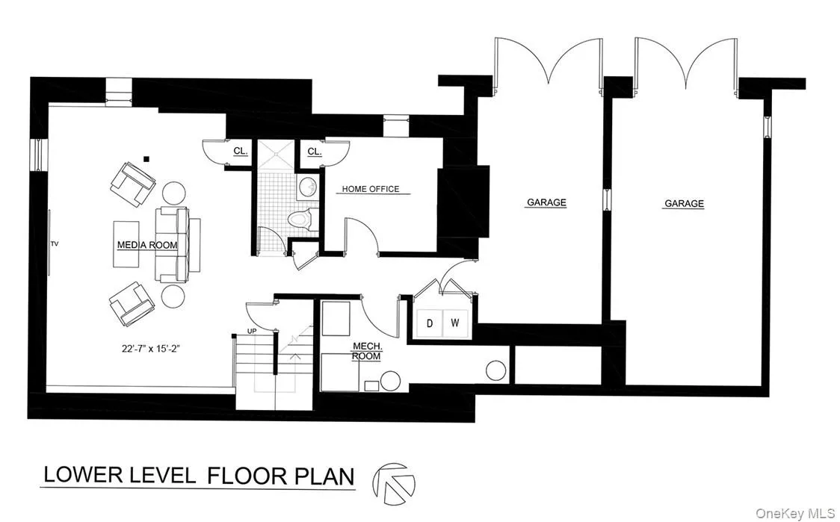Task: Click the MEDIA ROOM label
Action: (146, 245)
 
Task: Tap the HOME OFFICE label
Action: (371, 189)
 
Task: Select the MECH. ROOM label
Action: (366, 351)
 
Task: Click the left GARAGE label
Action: (546, 202)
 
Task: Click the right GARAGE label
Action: (684, 203)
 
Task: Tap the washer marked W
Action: (454, 323)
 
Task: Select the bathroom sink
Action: (306, 186)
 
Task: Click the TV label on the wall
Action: (55, 243)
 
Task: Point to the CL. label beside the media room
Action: (240, 151)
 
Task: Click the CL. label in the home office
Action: (314, 152)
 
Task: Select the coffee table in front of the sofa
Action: (126, 244)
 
